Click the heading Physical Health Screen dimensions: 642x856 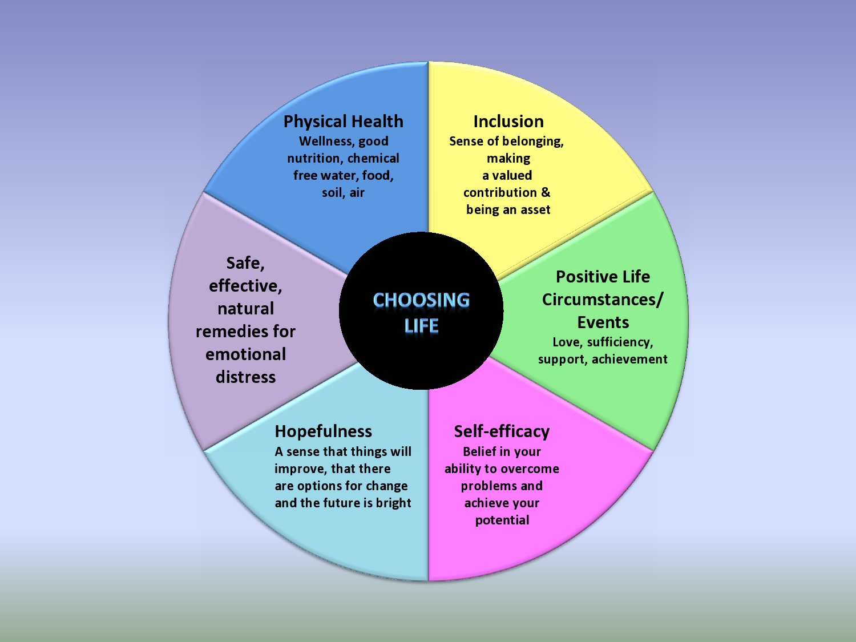tap(343, 122)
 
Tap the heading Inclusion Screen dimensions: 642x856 tap(508, 122)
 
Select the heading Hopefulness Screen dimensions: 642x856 tap(323, 431)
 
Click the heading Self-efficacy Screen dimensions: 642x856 tap(502, 431)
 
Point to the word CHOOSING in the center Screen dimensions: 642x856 tap(421, 300)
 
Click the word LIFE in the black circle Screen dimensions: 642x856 tap(421, 326)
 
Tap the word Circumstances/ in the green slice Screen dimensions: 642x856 tap(603, 300)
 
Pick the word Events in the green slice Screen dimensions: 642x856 tap(603, 322)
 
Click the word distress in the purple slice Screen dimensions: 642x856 tap(245, 377)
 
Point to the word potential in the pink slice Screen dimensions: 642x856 tap(502, 520)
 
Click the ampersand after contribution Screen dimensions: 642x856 tap(546, 192)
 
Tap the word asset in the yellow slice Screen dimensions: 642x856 tap(535, 210)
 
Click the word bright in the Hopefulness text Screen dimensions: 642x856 tap(393, 503)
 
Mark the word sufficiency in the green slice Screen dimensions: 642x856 tap(619, 342)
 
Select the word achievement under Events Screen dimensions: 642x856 tap(629, 360)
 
